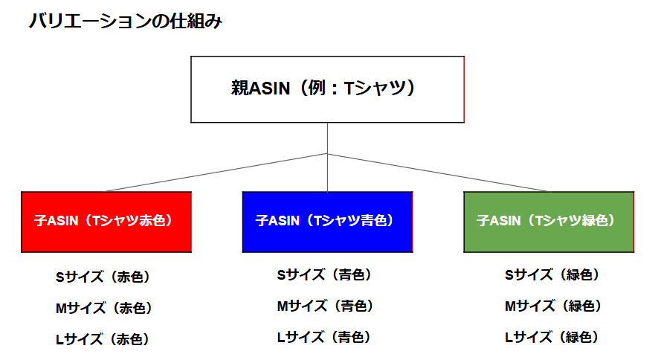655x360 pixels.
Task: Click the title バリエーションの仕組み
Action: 126,22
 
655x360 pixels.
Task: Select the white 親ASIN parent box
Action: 327,89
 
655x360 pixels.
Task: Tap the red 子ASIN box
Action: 106,222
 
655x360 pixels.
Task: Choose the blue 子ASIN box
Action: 327,222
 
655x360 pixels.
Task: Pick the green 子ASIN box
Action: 549,222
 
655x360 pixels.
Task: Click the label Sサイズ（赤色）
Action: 103,277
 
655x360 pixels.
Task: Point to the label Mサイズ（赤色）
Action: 103,308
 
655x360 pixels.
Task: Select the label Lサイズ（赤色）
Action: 103,339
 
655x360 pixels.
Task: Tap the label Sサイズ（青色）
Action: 324,274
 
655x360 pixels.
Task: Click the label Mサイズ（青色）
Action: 325,306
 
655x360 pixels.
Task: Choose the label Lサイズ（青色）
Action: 323,337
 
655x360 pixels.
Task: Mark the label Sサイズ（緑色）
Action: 552,274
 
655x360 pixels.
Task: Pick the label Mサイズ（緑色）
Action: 553,306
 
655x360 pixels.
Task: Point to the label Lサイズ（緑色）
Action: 552,337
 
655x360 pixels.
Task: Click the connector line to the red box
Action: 216,173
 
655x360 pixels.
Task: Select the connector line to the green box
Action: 438,173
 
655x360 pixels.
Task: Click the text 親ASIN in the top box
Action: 261,89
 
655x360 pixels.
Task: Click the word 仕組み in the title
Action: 196,22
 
